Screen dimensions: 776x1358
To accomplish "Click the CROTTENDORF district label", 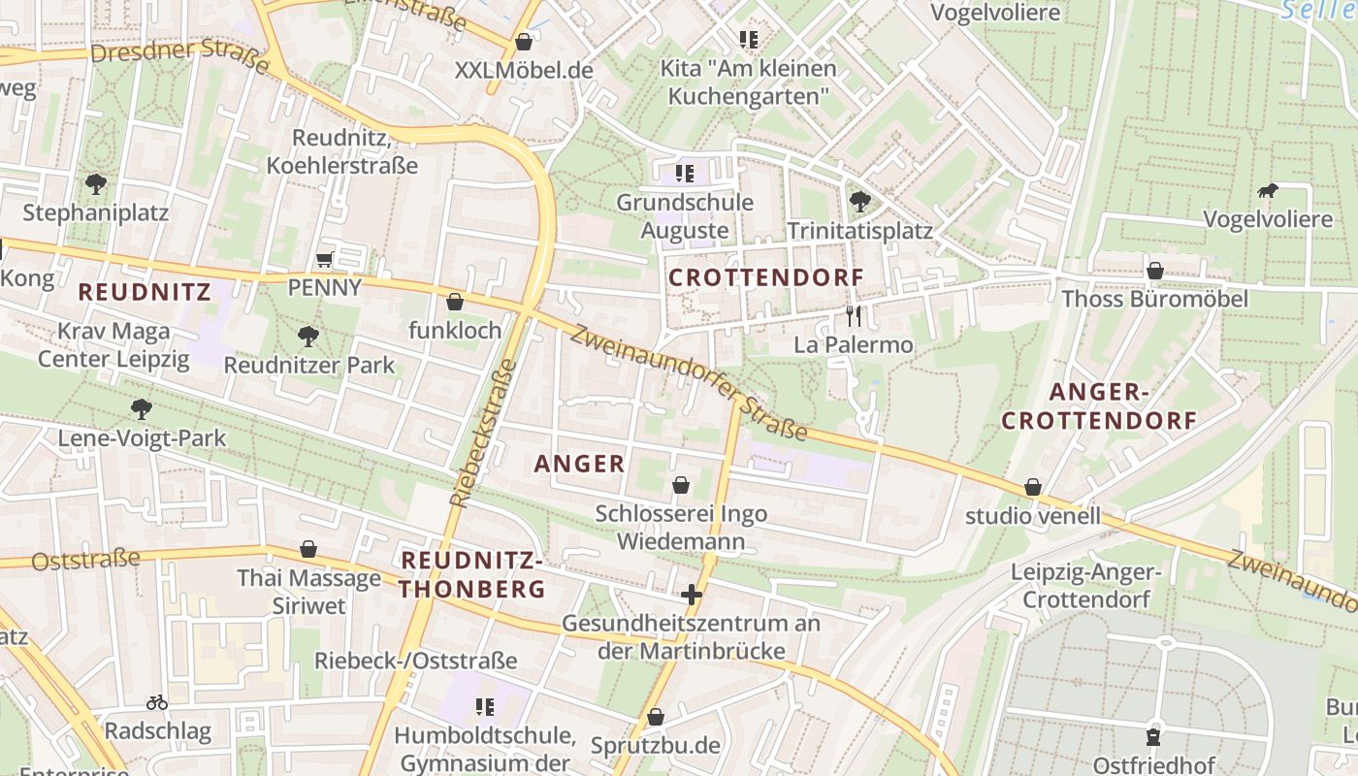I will click(x=766, y=277).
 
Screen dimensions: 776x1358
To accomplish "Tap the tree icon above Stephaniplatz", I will click(x=95, y=183).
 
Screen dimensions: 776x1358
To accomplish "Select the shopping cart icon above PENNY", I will click(x=325, y=259).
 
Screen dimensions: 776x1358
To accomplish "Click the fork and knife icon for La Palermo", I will click(x=854, y=315).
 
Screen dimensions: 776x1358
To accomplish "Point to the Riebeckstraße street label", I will click(x=482, y=433).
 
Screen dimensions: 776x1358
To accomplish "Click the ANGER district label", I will click(x=580, y=464).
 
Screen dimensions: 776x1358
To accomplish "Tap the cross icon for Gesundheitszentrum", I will click(x=691, y=594).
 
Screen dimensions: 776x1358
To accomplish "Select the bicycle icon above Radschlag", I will click(x=157, y=701).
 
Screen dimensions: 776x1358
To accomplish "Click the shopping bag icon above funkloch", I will click(x=454, y=302).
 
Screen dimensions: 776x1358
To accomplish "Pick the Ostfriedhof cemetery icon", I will click(x=1153, y=737).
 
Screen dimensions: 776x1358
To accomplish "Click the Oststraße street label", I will click(x=85, y=560).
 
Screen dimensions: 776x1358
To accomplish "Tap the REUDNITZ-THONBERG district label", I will click(x=472, y=574).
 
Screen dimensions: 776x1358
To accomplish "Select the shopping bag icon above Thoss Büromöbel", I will click(x=1154, y=270).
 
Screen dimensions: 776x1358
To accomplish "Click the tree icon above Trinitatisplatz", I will click(x=859, y=202).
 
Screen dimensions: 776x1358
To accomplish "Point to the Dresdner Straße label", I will click(x=178, y=52).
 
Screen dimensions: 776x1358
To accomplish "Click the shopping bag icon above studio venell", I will click(x=1033, y=487).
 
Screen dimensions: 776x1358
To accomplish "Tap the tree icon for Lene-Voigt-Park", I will click(x=142, y=409).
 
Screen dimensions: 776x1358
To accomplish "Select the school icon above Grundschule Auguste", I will click(x=685, y=174).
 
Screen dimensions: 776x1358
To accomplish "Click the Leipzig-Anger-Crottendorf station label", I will click(x=1086, y=585).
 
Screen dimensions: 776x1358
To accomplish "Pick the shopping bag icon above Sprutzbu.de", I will click(x=656, y=717).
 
